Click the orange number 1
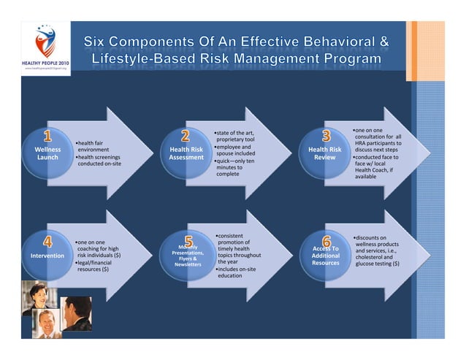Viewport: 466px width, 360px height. coord(48,137)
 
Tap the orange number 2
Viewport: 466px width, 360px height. coord(186,137)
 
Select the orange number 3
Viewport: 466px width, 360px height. coord(326,137)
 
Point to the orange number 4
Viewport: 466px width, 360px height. coord(48,242)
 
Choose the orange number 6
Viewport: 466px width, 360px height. coord(326,241)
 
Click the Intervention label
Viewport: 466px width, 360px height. coord(47,256)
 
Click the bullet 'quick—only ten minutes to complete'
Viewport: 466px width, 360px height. coord(234,167)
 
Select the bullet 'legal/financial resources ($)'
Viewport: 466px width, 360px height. coord(98,266)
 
